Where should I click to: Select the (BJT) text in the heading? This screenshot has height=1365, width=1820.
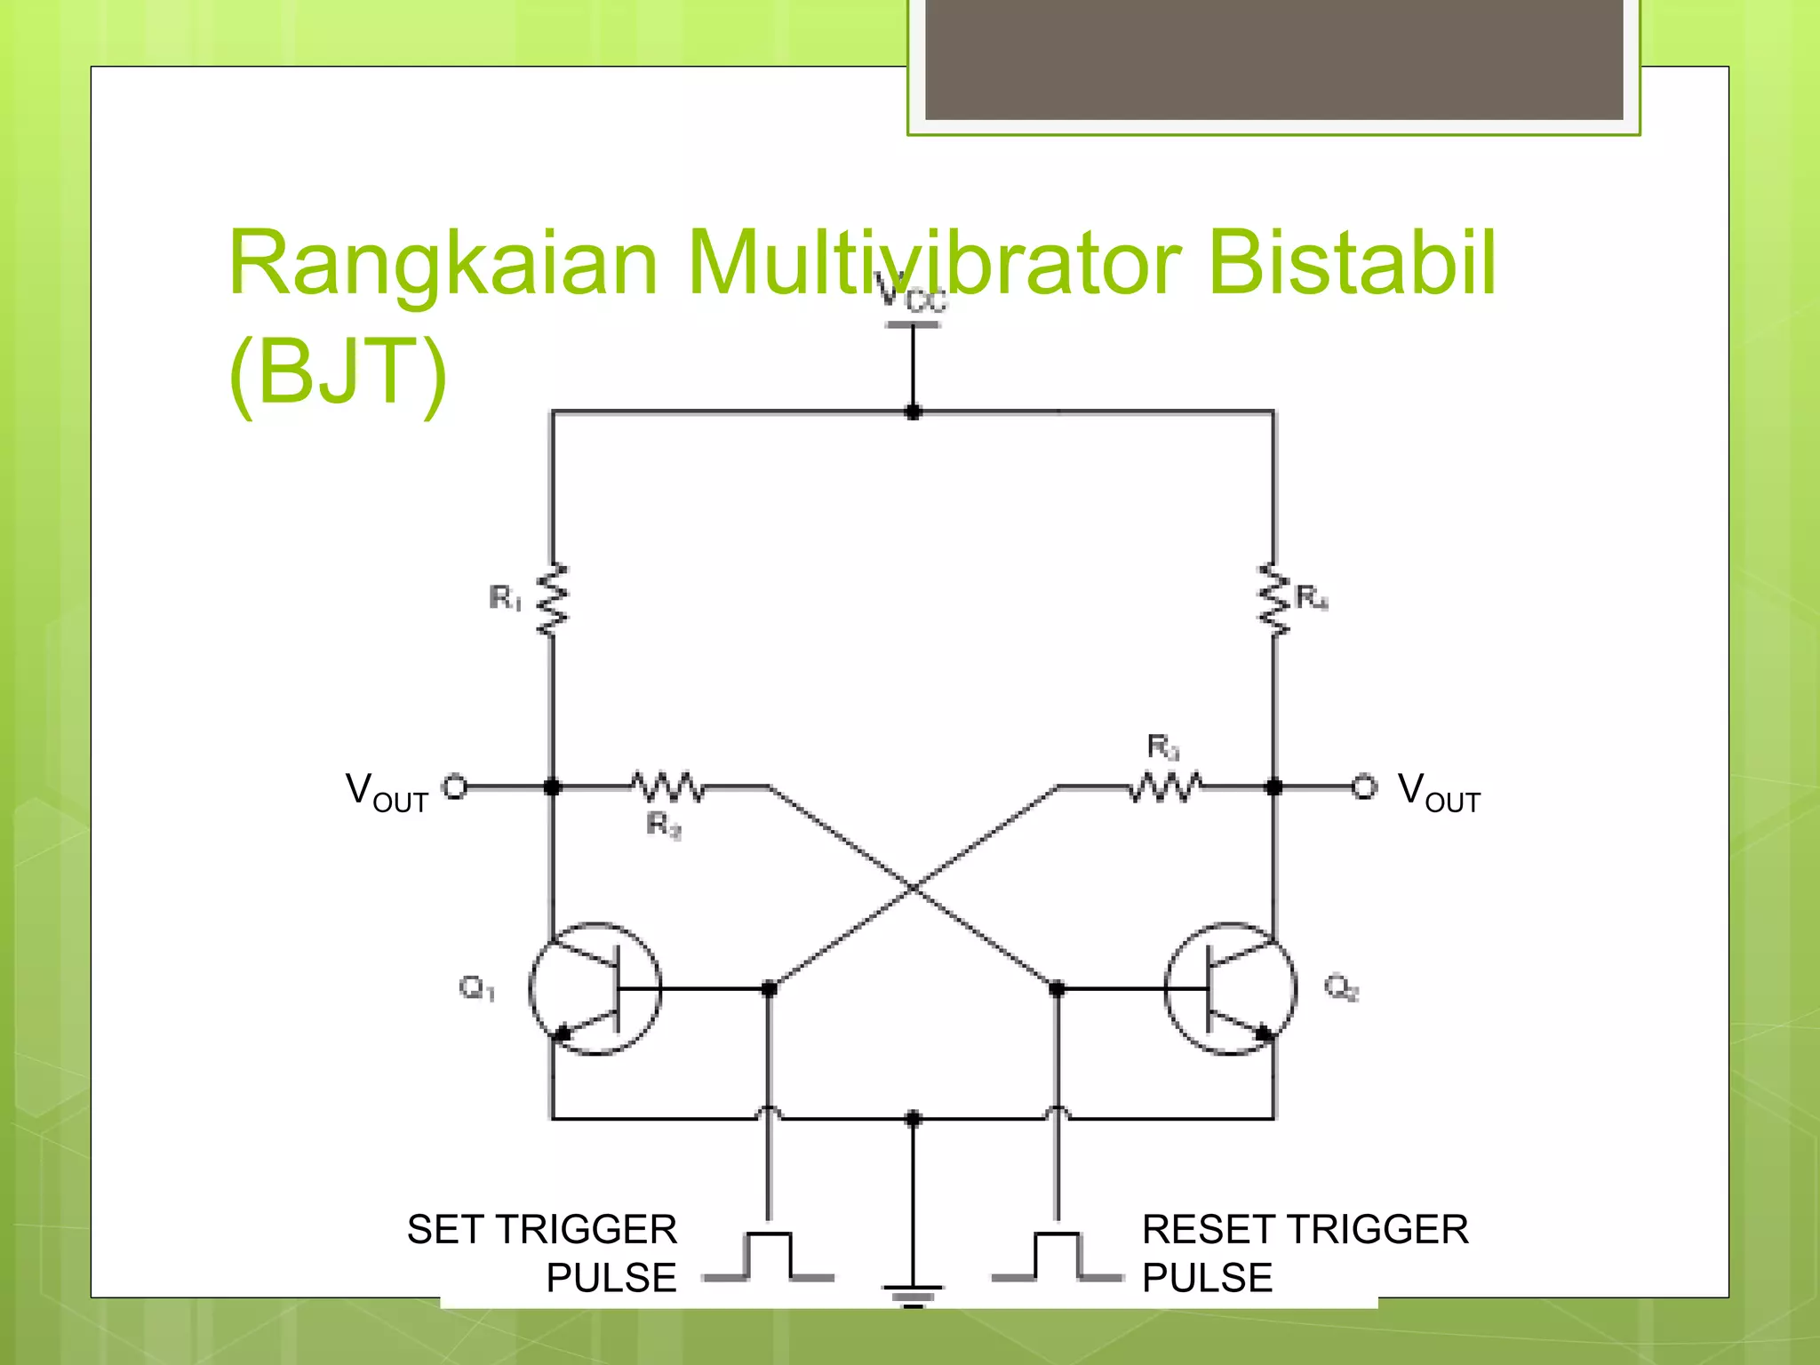(338, 371)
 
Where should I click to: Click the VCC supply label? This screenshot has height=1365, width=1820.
(912, 293)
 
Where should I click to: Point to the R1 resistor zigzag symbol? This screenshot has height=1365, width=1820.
(553, 600)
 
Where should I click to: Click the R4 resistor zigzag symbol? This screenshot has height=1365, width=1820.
(1274, 600)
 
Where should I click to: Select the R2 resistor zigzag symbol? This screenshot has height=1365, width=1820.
(667, 786)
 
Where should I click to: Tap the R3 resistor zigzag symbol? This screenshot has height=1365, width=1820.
(1165, 786)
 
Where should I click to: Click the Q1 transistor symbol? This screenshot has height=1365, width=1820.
(595, 988)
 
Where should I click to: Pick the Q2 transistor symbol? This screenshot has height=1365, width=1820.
(1231, 988)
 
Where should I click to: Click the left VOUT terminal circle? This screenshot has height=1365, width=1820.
(455, 786)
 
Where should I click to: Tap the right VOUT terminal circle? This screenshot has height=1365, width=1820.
(1364, 786)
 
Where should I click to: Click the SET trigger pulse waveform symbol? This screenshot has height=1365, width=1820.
(769, 1257)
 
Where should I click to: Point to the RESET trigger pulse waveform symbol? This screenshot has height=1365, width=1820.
(1058, 1257)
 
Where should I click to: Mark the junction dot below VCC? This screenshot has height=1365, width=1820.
(913, 412)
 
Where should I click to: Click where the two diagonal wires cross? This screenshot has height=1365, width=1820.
(914, 887)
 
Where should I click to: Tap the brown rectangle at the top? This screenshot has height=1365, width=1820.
(1273, 59)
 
